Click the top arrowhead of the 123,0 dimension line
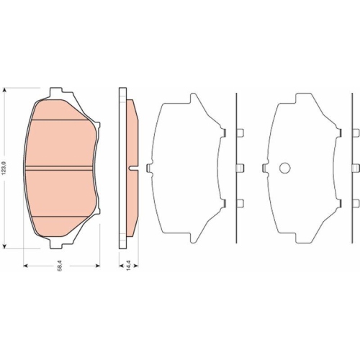coord(6,92)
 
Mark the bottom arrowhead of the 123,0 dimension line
coord(6,243)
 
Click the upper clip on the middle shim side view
coord(240,132)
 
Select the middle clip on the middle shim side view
coord(240,168)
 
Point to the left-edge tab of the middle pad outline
coord(149,168)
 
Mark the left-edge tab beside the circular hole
coord(267,168)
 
